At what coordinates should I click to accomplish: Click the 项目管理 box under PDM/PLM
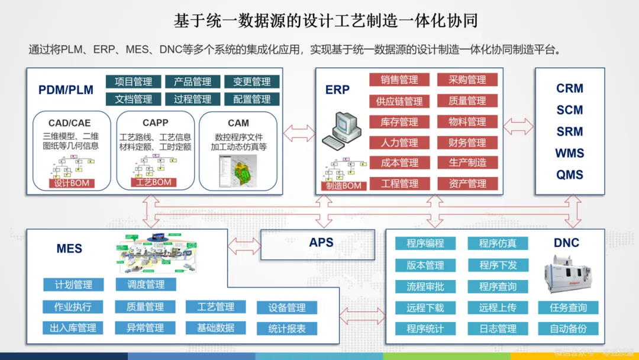point(133,82)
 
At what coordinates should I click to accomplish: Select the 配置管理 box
point(252,99)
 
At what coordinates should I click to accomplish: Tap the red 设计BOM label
point(72,183)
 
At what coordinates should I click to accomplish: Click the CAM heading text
point(238,123)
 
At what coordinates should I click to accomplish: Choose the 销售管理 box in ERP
point(399,80)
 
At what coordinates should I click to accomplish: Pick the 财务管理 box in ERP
point(467,143)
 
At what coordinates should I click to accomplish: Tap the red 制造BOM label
point(344,185)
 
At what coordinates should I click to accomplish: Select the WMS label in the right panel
point(569,153)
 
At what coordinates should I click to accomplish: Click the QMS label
point(569,175)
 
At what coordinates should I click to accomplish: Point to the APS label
point(321,242)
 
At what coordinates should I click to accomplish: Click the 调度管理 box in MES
point(146,284)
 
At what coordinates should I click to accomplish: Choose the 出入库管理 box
point(73,327)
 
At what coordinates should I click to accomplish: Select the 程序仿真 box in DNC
point(498,243)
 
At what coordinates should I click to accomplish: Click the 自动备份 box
point(569,329)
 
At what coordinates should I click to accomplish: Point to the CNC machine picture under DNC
point(569,275)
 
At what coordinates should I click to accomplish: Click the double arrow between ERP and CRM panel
point(518,126)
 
